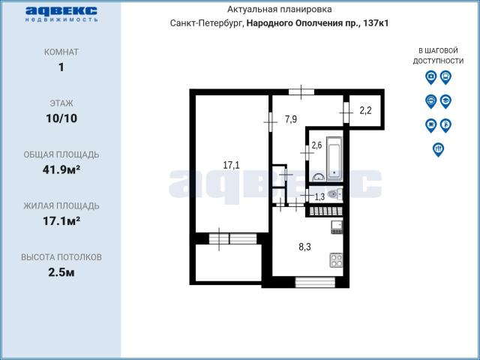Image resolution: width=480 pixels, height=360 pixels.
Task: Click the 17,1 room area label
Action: [231, 165]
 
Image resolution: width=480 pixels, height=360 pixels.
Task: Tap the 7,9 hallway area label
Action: [291, 118]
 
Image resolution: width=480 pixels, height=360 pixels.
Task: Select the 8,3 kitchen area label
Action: [305, 247]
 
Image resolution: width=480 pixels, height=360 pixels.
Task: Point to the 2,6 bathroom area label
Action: [316, 145]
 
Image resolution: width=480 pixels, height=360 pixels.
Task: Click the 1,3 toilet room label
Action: [319, 196]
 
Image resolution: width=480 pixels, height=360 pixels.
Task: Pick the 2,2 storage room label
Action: [365, 110]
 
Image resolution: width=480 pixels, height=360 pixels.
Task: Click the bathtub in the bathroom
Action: [334, 159]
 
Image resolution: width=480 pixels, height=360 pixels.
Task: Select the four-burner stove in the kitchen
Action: [336, 260]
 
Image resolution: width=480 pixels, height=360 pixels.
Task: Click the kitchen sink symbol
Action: [337, 226]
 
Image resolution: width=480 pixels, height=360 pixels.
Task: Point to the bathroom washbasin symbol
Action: [319, 177]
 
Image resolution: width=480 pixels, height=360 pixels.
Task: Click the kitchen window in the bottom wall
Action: [315, 282]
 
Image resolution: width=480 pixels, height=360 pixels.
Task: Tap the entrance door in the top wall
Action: [301, 91]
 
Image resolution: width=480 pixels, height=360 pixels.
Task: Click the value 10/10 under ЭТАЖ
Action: [61, 118]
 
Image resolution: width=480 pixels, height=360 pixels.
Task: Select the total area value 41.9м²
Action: [61, 169]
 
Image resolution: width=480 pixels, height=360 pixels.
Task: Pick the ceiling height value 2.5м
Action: [61, 272]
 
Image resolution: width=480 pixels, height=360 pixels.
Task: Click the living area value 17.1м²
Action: [61, 220]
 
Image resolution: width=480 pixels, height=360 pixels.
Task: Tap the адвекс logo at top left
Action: [61, 13]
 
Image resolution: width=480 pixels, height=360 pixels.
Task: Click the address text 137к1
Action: [376, 23]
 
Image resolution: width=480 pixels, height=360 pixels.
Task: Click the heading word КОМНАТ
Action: [61, 52]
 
